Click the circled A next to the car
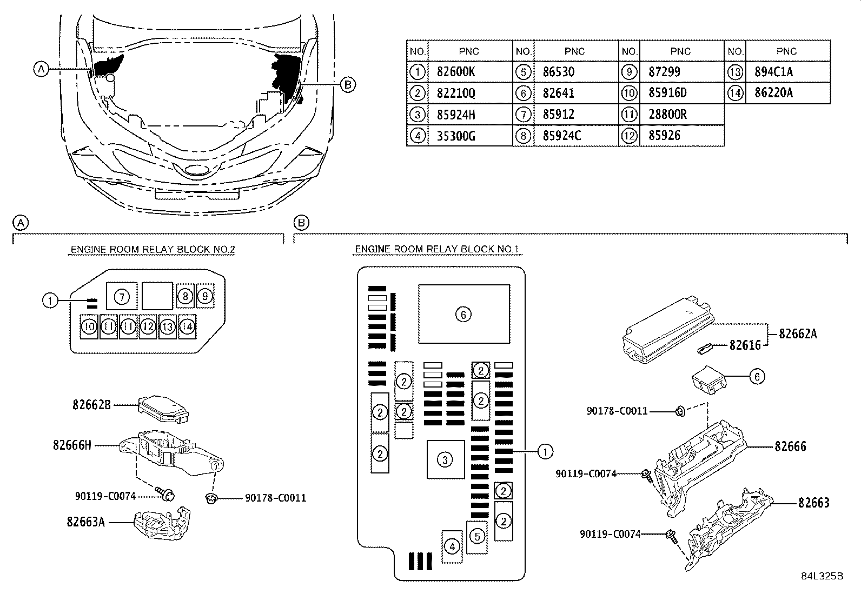pos(41,69)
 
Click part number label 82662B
pos(92,404)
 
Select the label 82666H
pos(72,445)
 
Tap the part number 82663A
pos(86,522)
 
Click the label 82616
pos(745,345)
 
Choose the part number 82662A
pos(798,334)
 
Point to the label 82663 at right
pos(813,503)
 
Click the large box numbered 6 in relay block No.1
pos(463,314)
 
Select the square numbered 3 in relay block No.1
pos(445,459)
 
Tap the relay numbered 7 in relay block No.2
pos(123,296)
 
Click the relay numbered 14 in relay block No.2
pos(187,326)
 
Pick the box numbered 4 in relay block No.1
pos(452,546)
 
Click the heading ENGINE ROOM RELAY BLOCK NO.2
pos(153,250)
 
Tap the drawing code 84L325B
pos(822,577)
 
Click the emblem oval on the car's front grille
pos(194,171)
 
